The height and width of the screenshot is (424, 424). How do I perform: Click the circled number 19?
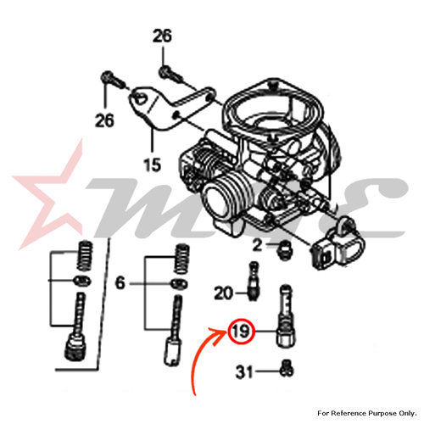click(242, 331)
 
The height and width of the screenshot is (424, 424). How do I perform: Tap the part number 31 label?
click(244, 372)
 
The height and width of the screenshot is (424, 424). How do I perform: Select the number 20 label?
click(224, 293)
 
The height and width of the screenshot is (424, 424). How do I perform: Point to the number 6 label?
click(120, 282)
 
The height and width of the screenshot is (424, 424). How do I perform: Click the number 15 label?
click(153, 165)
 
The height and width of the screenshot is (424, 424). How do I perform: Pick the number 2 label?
click(257, 245)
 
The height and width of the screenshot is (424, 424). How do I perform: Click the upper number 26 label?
click(162, 36)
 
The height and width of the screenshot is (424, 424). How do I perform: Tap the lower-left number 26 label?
click(104, 120)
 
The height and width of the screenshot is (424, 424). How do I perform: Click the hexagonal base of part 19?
click(286, 338)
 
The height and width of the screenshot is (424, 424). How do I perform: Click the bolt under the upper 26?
click(170, 74)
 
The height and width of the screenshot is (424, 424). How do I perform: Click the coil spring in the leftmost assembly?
click(85, 255)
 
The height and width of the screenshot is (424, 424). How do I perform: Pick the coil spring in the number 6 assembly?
click(182, 259)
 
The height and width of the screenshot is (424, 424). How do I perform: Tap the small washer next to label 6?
click(179, 283)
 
